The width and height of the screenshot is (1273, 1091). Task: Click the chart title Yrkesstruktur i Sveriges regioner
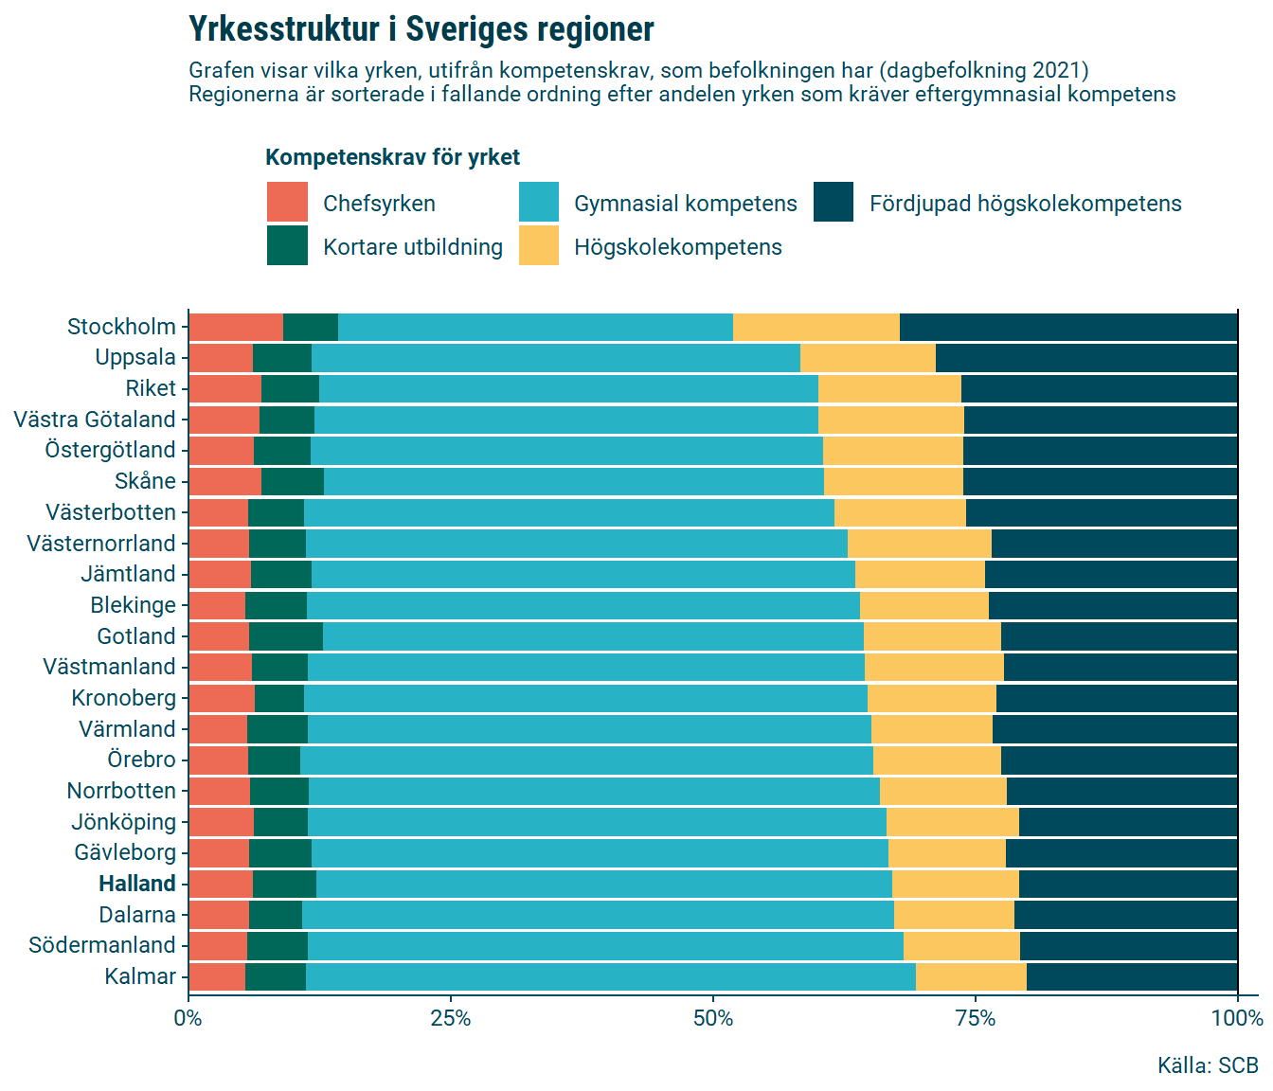coord(421,29)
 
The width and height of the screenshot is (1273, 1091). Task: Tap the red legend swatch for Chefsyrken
coord(287,203)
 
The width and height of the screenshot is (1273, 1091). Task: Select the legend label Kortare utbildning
coord(412,247)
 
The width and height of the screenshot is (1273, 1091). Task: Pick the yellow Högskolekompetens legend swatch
coord(539,246)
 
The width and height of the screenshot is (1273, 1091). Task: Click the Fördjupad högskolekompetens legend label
coord(1025,204)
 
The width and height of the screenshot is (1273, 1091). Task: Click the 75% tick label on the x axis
coord(976,1018)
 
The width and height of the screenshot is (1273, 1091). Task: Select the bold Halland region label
coord(137,884)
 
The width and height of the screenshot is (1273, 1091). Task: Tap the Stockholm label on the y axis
coord(121,327)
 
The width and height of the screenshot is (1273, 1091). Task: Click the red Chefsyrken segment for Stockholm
coord(236,327)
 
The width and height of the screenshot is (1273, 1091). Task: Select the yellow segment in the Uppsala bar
coord(868,358)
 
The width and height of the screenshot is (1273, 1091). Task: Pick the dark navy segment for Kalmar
coord(1132,976)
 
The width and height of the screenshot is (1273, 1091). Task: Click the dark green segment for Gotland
coord(286,636)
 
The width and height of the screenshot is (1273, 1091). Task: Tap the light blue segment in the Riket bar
coord(568,388)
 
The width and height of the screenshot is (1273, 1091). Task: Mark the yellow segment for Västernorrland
coord(919,544)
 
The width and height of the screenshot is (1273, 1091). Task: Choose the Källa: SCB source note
coord(1208,1065)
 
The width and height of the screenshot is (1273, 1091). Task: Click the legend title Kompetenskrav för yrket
coord(392,157)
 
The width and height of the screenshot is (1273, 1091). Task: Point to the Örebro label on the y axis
coord(141,760)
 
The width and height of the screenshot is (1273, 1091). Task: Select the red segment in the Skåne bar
coord(225,481)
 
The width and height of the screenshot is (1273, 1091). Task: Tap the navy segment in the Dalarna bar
coord(1125,915)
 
